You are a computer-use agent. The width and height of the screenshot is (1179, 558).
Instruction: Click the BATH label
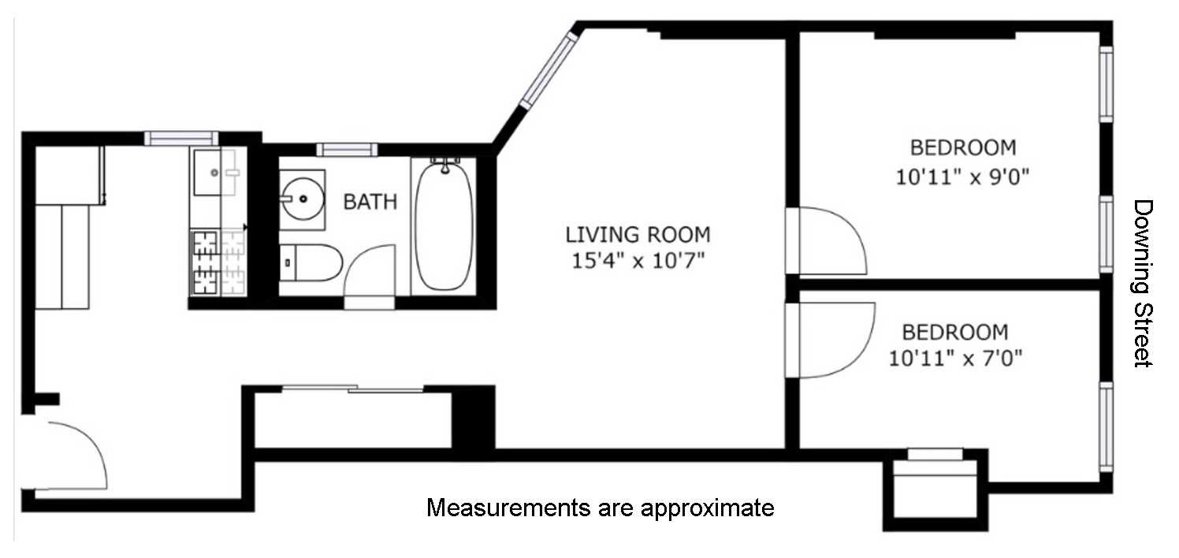(370, 202)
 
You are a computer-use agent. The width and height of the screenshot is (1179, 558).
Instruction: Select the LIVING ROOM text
(638, 234)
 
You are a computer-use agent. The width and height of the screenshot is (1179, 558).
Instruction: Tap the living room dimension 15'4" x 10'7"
(638, 260)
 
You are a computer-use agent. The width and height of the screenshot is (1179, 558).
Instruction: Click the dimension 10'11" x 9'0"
(963, 176)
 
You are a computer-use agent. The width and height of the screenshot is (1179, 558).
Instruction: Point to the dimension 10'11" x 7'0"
(955, 359)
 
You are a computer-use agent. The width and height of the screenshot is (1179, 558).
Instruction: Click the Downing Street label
(1142, 283)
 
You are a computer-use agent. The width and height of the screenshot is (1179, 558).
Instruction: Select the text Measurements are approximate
(600, 508)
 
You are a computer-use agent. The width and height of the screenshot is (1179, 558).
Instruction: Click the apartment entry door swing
(67, 456)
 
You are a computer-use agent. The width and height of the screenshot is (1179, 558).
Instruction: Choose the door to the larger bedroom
(828, 240)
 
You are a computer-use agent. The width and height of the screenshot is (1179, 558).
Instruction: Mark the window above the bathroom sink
(347, 149)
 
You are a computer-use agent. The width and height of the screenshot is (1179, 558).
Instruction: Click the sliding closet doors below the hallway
(352, 389)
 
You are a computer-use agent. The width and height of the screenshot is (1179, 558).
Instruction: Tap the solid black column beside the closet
(473, 417)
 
